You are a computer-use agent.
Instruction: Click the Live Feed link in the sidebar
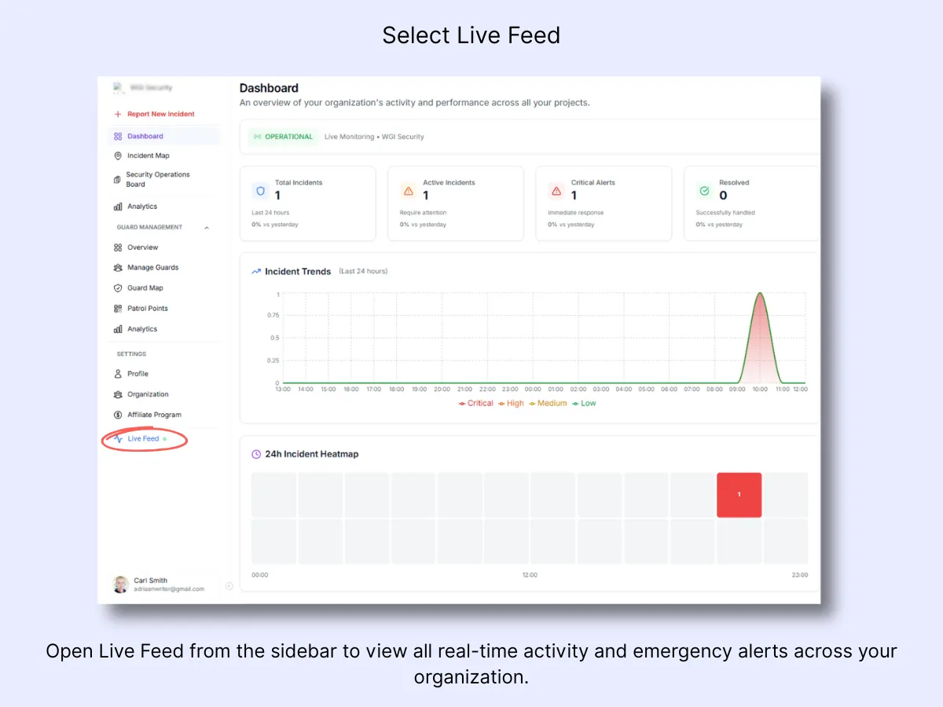tap(143, 438)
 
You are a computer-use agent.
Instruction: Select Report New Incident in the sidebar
tap(160, 114)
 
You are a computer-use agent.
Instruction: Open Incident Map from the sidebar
tap(148, 156)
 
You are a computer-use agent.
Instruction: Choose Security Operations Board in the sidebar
tap(157, 179)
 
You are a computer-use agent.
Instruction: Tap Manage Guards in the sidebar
tap(152, 267)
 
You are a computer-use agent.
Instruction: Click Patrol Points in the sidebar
tap(147, 308)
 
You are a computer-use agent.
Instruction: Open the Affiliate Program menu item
tap(154, 415)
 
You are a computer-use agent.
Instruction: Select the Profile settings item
tap(138, 374)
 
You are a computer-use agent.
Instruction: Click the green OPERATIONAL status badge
tap(284, 137)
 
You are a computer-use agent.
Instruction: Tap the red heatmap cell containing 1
tap(739, 495)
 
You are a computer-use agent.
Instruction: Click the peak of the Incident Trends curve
tap(760, 294)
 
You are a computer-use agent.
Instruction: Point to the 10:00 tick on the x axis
tap(760, 389)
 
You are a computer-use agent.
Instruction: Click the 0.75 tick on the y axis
tap(273, 315)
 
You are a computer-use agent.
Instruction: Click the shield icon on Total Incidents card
tap(260, 190)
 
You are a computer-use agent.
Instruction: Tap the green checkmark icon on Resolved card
tap(704, 190)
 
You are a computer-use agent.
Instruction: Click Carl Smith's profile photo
tap(120, 584)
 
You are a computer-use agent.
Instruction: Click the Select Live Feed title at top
tap(472, 35)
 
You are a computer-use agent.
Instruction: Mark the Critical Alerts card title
tap(593, 182)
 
